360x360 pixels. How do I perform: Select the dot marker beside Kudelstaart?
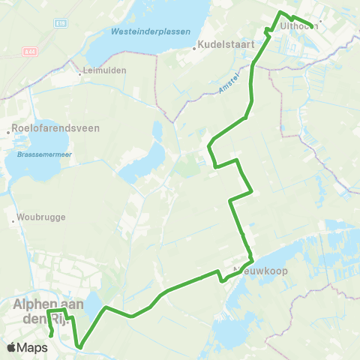pos(194,48)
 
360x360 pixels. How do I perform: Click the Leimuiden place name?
pos(106,70)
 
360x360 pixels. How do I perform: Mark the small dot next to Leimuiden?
pos(81,73)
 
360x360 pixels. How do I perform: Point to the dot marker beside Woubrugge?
pos(15,220)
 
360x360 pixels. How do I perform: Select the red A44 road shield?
pos(29,52)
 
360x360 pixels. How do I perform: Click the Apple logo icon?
pos(11,347)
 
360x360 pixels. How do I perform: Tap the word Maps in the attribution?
pos(32,347)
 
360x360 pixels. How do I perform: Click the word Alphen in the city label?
pos(37,304)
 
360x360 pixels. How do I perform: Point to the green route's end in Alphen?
pos(50,335)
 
